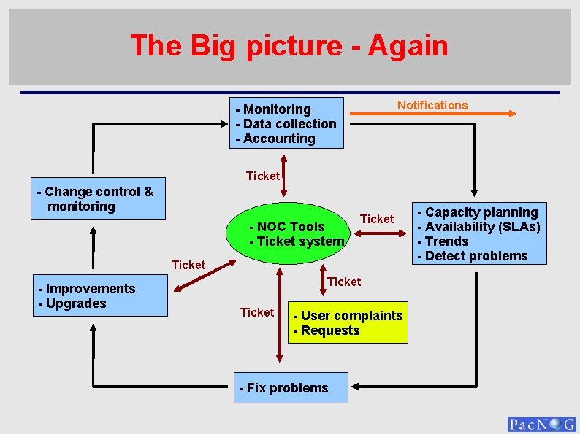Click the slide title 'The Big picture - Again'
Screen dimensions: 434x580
tap(289, 46)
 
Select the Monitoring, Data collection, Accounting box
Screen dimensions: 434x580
tap(286, 123)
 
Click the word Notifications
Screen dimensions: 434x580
tap(432, 105)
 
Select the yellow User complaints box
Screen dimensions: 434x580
tap(348, 323)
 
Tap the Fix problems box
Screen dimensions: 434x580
tap(292, 387)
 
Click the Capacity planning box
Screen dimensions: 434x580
tap(478, 233)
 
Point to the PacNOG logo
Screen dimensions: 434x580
tap(541, 425)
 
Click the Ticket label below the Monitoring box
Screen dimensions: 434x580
tap(262, 176)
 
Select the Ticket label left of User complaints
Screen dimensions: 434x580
tap(257, 312)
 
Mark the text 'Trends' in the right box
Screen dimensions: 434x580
tap(446, 241)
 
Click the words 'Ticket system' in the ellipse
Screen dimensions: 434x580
tap(300, 241)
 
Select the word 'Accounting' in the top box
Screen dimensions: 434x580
tap(279, 139)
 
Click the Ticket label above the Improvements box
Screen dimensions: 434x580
tap(188, 265)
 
